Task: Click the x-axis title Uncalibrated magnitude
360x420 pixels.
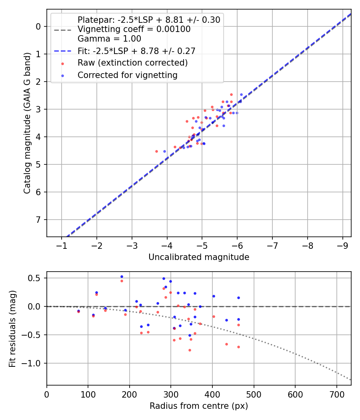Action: pos(199,257)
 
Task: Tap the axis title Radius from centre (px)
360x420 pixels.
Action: pos(199,406)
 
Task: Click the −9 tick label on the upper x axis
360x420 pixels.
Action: pos(342,245)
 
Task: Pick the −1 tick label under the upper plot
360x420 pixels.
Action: pos(62,245)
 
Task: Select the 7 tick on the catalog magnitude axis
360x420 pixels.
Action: pos(39,220)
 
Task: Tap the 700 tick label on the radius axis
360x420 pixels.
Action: pos(336,394)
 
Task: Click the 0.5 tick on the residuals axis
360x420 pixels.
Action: pos(36,278)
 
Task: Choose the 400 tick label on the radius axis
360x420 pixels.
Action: pos(212,394)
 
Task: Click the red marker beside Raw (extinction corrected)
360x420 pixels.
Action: pos(62,63)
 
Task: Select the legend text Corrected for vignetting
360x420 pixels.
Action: pos(128,75)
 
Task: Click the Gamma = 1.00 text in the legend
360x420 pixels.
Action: pos(109,39)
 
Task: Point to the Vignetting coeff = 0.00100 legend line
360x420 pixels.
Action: pos(134,29)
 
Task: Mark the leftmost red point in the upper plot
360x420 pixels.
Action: pos(156,151)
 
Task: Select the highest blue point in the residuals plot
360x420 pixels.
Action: pos(122,276)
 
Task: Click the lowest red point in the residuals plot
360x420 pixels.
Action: pos(190,350)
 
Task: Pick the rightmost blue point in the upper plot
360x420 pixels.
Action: pos(241,94)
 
